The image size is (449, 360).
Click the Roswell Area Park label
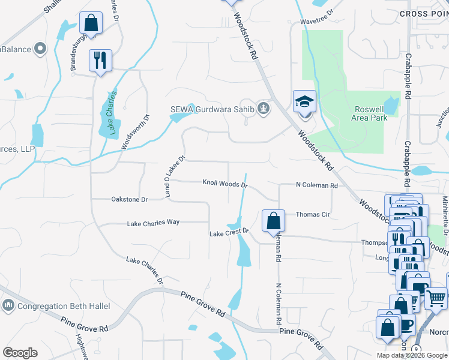361,113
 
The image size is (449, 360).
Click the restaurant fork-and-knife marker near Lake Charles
99,60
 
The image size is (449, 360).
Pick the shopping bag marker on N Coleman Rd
274,221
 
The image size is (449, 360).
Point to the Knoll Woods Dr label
225,184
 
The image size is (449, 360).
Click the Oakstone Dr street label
129,199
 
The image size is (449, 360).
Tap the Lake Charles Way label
153,223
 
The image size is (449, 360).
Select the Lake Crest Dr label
228,232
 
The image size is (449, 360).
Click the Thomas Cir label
313,214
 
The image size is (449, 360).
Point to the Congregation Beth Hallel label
64,306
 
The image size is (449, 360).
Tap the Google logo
20,352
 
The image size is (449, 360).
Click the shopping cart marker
436,297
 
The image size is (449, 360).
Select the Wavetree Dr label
318,20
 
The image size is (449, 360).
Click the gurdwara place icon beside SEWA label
263,109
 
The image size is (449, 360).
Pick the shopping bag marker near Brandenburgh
91,24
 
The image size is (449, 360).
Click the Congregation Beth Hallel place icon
8,306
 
